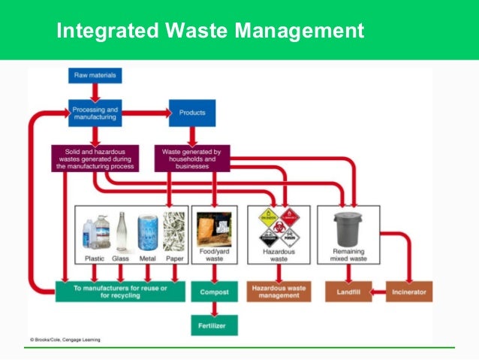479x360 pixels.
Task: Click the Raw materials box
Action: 93,75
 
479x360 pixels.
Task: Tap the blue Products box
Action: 192,113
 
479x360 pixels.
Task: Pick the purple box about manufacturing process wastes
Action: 94,158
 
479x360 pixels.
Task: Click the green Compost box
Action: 214,291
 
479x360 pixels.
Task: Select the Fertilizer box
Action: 214,325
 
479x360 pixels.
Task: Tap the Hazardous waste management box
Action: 279,291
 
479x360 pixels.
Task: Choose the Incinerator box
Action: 408,291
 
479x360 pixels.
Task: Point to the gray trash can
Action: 346,229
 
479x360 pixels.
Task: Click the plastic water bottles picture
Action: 94,232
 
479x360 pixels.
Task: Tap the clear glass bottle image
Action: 121,232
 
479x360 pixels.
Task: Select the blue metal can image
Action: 147,232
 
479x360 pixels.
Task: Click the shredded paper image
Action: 173,232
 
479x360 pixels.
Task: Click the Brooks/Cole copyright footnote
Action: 65,340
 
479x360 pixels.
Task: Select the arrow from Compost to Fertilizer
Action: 214,308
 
